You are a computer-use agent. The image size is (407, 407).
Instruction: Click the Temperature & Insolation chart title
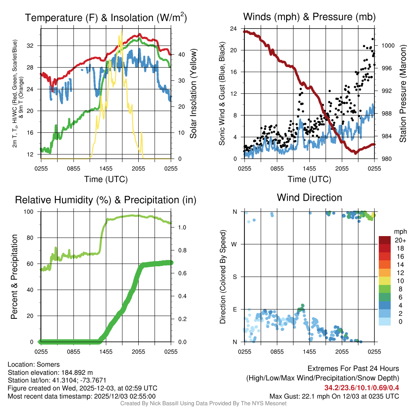pos(106,17)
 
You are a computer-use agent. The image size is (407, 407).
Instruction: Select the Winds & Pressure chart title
pos(309,17)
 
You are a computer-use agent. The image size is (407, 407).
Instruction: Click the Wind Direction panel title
pos(309,198)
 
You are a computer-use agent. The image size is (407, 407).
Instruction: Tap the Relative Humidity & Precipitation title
pos(106,200)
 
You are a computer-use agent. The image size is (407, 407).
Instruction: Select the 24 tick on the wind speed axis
pos(234,29)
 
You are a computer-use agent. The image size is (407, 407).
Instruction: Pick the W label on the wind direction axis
pos(235,244)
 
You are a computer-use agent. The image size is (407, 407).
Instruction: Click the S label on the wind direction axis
pos(235,277)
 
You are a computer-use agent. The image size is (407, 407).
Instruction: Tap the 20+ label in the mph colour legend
pos(399,240)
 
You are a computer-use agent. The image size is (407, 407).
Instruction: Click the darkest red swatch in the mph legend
pos(385,240)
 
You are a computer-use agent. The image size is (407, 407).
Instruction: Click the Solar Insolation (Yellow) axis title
pos(194,94)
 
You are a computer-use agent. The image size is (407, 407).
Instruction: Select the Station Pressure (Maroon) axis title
pos(402,94)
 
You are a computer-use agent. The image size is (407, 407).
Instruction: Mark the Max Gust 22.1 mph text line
pos(334,396)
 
